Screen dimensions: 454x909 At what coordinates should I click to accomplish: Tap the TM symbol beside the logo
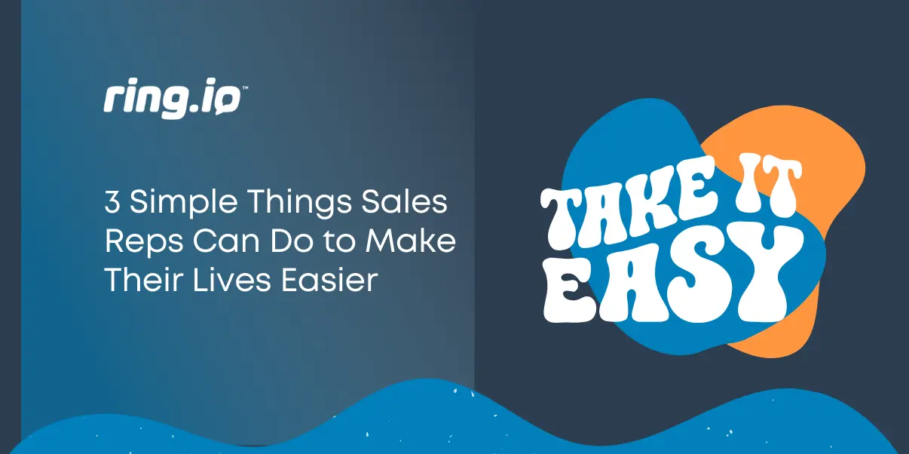(x=245, y=88)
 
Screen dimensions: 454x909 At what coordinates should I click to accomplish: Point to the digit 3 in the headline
(x=111, y=204)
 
